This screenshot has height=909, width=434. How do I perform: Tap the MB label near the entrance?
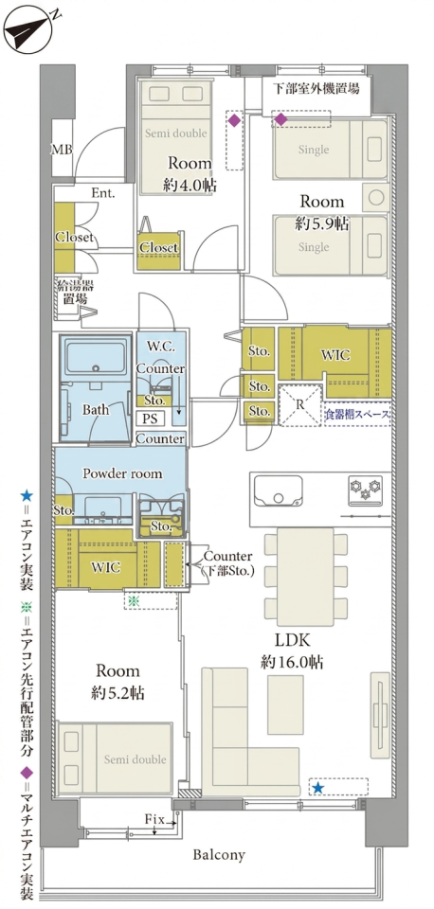tap(62, 150)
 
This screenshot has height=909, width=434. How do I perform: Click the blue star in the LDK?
tap(317, 787)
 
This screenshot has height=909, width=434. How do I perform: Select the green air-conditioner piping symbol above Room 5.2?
tap(134, 600)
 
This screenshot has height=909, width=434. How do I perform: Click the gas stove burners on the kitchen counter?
tap(365, 488)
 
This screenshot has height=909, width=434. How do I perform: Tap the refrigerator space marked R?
tap(300, 405)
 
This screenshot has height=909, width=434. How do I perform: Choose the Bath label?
tap(95, 410)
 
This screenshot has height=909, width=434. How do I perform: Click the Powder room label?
tap(122, 473)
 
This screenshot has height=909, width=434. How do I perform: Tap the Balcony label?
tap(219, 854)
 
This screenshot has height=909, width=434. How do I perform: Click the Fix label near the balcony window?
tap(154, 819)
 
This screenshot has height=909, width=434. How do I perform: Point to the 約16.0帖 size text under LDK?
tap(292, 662)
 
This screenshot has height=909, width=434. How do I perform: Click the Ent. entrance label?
tap(102, 193)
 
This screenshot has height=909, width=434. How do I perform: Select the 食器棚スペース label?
tap(357, 415)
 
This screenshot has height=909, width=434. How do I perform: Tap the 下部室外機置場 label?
tap(316, 89)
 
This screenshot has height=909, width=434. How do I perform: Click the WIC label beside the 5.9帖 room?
tap(335, 353)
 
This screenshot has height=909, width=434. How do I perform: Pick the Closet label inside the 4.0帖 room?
tap(158, 247)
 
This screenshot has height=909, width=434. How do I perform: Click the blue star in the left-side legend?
tap(27, 495)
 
